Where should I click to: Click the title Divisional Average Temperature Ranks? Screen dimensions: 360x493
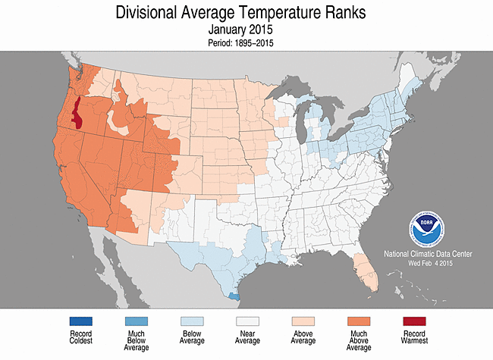[x=246, y=13]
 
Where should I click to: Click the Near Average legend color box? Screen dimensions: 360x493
[x=247, y=322]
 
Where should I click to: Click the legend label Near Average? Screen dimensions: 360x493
[x=247, y=340]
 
